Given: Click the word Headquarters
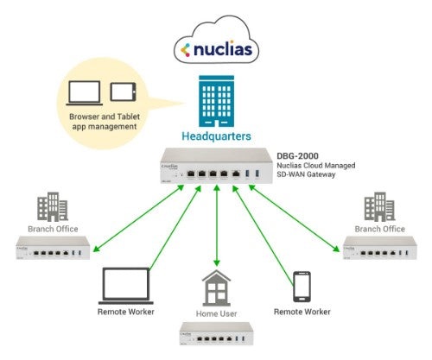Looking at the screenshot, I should point(215,136).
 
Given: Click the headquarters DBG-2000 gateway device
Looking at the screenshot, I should point(215,167).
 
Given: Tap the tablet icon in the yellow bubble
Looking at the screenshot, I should point(123,92).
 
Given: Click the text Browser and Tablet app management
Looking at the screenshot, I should point(103,120).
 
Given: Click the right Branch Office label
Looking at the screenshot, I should point(378,229).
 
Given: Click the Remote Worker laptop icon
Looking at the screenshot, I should point(126,285).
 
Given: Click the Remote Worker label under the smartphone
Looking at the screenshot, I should point(302,310).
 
